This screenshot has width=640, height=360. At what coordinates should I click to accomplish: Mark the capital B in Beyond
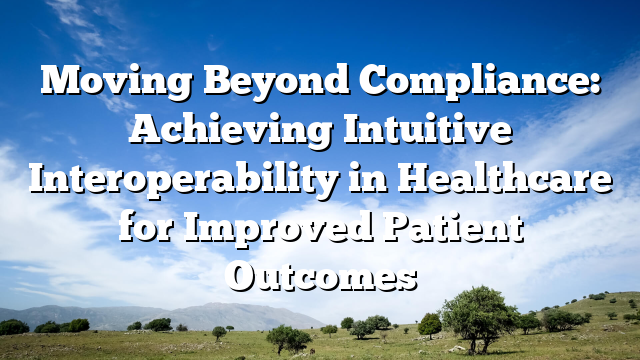click(x=192, y=80)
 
